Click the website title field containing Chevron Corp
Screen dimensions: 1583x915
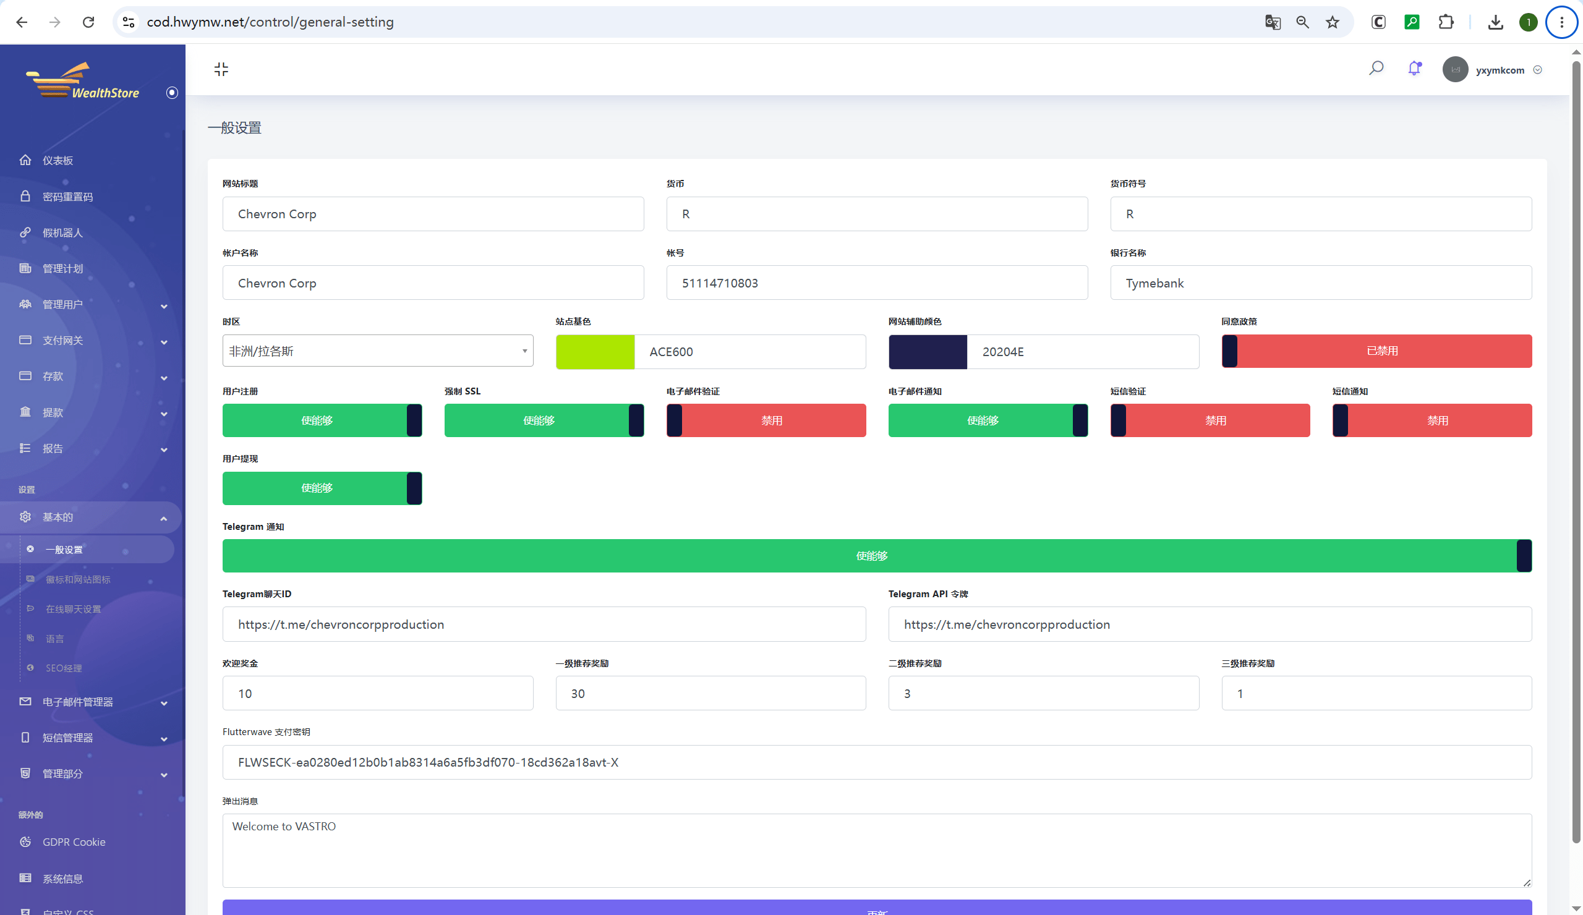click(433, 213)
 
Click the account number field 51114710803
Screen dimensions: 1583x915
click(877, 283)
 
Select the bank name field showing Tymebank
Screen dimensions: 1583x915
click(1320, 283)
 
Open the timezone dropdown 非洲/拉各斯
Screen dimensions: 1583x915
click(378, 351)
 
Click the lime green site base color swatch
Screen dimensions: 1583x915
click(595, 351)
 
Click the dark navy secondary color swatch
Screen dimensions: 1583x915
click(927, 351)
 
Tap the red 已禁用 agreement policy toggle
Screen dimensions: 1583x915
click(1376, 351)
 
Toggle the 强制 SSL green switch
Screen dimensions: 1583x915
click(544, 420)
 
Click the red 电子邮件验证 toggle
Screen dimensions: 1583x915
click(766, 420)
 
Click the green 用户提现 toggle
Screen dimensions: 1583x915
click(322, 488)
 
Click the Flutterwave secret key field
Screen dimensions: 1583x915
click(877, 762)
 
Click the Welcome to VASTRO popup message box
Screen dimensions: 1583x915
click(877, 850)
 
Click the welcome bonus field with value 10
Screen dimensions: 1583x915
click(378, 692)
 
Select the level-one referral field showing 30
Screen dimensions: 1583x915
click(710, 692)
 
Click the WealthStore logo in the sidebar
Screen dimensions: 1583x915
click(82, 81)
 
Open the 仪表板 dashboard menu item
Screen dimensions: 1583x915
click(58, 160)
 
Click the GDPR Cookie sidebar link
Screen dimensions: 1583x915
click(74, 841)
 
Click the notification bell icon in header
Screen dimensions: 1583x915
click(1414, 69)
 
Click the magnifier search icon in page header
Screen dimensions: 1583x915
click(1376, 68)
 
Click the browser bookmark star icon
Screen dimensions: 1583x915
click(1333, 22)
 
